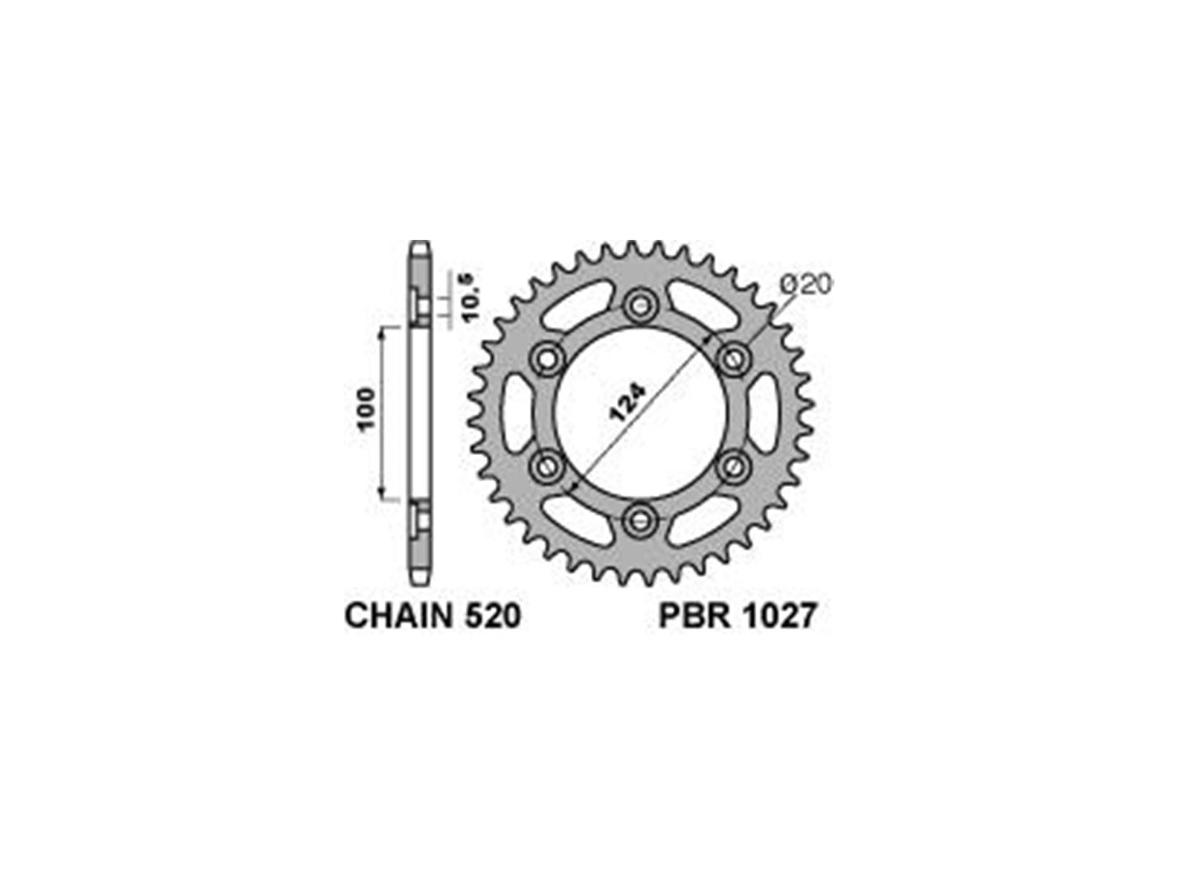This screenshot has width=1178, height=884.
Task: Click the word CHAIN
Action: pos(398,616)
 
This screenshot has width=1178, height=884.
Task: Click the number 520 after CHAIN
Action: pos(492,616)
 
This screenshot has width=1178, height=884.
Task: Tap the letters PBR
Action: pos(694,616)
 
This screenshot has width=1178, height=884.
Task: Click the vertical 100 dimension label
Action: pos(367,409)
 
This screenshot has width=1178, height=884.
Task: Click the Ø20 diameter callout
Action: pos(804,285)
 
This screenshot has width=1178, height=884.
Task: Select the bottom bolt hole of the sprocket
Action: pos(641,518)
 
